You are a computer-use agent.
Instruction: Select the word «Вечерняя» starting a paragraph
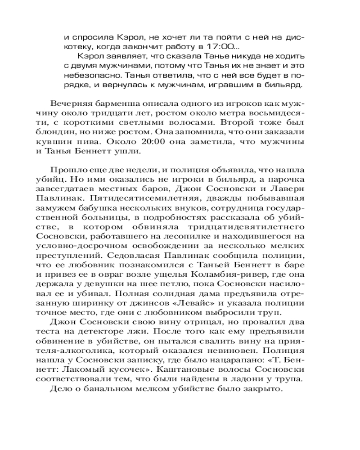point(68,103)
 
